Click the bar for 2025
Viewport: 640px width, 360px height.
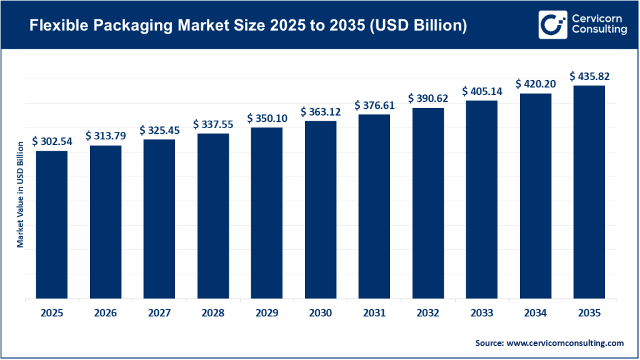tap(52, 224)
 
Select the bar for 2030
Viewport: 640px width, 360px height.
tap(321, 209)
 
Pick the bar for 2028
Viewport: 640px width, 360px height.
tap(213, 216)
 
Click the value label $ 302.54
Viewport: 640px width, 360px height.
tap(52, 141)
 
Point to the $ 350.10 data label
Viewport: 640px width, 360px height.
tap(267, 118)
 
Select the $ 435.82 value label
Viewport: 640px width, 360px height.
tap(589, 76)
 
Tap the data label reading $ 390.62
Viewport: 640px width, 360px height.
tap(428, 99)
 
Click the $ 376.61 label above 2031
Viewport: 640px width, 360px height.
tap(374, 105)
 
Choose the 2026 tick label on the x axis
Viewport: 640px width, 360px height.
tap(106, 312)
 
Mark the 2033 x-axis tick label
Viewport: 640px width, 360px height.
tap(482, 312)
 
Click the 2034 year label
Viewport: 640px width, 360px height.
tap(536, 312)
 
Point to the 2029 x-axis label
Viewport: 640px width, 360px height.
tap(267, 312)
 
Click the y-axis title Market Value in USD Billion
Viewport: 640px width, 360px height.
tap(20, 194)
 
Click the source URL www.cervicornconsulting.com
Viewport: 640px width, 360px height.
tap(565, 343)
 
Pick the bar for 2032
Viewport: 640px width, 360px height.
tap(428, 203)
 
